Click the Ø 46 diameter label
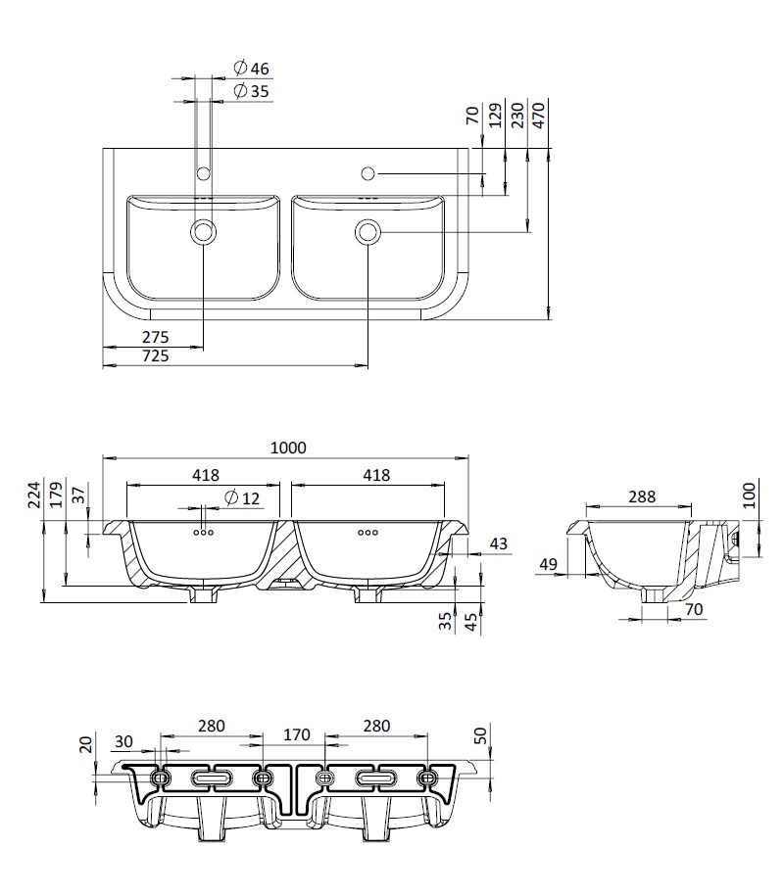point(251,69)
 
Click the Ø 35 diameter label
point(251,91)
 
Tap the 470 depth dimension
point(539,115)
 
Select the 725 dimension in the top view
point(156,356)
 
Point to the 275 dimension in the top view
point(156,337)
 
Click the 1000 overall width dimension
point(288,448)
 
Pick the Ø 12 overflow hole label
point(242,498)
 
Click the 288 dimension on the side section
point(642,496)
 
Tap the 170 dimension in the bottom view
point(296,734)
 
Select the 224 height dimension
point(35,495)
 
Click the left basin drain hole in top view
point(203,232)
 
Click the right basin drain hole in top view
point(367,232)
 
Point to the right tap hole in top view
point(368,172)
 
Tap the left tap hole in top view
point(203,172)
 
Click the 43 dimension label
point(499,543)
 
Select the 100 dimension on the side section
point(749,495)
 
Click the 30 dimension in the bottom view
point(123,741)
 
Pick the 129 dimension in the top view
point(496,115)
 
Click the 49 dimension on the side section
point(548,565)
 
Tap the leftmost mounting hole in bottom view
point(161,778)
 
